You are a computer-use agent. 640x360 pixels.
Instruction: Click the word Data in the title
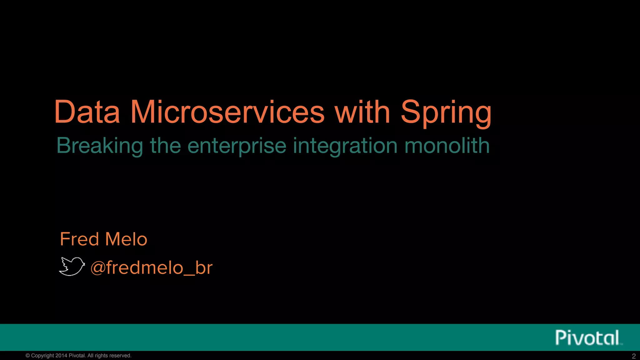coord(87,112)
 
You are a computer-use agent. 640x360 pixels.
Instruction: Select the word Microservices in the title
coord(227,112)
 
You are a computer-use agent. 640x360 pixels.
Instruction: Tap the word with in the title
coord(362,112)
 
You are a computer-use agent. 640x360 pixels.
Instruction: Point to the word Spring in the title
coord(446,113)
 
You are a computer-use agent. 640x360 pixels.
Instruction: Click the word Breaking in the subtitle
coord(99,146)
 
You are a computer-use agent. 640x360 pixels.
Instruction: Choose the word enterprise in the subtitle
coord(237,146)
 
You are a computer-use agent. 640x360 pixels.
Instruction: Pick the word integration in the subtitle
coord(345,146)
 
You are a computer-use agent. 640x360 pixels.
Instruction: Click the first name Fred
coord(79,239)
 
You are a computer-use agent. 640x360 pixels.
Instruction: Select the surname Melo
coord(126,239)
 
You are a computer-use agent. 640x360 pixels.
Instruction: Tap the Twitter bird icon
coord(72,266)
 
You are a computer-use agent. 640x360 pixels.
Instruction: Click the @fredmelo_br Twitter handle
coord(152,267)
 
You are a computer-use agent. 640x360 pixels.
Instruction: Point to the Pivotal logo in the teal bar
coord(587,337)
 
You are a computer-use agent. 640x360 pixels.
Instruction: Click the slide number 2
coord(633,356)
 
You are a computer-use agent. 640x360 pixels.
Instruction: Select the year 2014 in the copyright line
coord(61,356)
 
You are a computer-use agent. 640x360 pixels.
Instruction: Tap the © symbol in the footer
coord(27,356)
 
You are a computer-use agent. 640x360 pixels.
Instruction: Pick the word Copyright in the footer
coord(42,356)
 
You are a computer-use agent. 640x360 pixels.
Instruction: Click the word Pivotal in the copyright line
coord(77,356)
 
